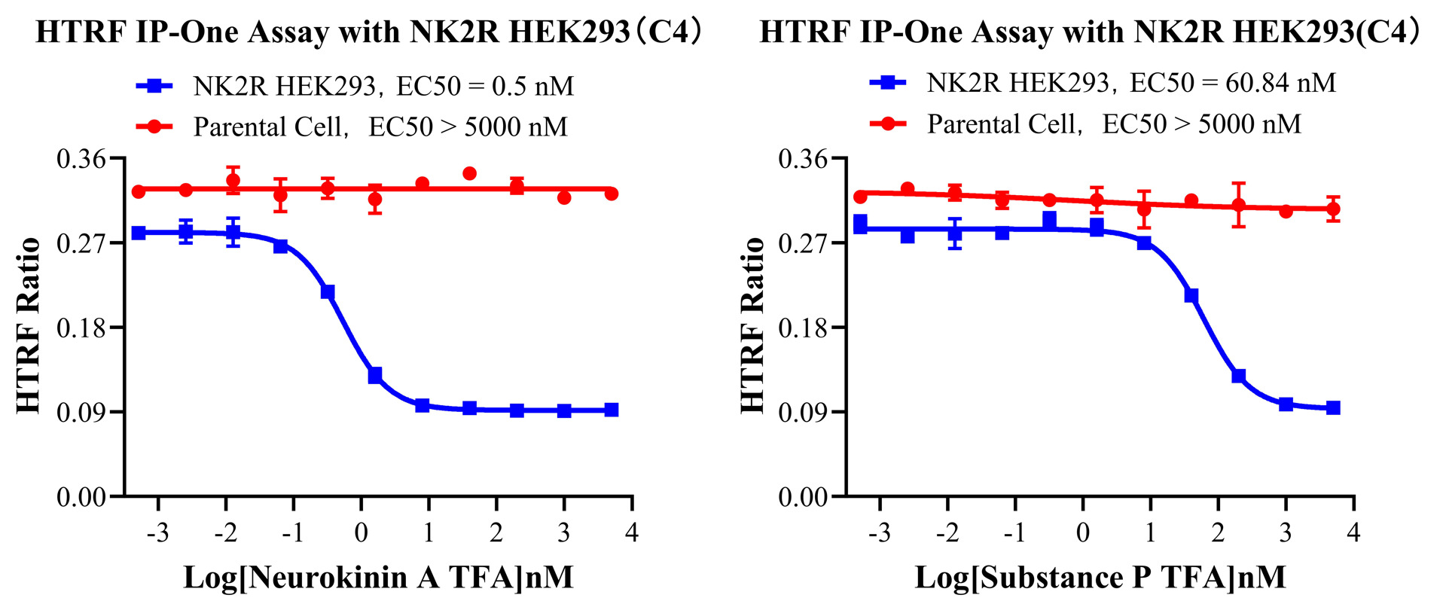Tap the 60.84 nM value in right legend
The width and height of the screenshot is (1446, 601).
click(x=1280, y=83)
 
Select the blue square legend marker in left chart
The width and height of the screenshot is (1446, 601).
click(x=154, y=86)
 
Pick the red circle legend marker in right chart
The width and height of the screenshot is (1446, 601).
click(x=888, y=124)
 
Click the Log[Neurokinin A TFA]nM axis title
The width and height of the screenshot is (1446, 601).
click(x=378, y=578)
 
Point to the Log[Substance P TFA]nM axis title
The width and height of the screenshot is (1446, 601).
click(x=1100, y=578)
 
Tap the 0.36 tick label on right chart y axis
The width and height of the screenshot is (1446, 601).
click(x=802, y=159)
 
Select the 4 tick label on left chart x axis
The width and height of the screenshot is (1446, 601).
click(x=631, y=533)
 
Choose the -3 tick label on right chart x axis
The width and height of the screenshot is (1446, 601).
click(x=878, y=533)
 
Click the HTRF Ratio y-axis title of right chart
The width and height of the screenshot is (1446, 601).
click(x=752, y=325)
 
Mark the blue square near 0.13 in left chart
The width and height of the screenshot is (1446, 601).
click(x=374, y=375)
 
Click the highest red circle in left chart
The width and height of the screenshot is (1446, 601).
click(x=469, y=174)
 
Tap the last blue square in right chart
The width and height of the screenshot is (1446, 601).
click(x=1332, y=407)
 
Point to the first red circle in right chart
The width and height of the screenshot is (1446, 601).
click(x=860, y=197)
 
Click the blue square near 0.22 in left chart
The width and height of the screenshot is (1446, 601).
click(x=328, y=292)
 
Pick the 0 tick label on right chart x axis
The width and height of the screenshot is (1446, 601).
click(x=1082, y=533)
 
